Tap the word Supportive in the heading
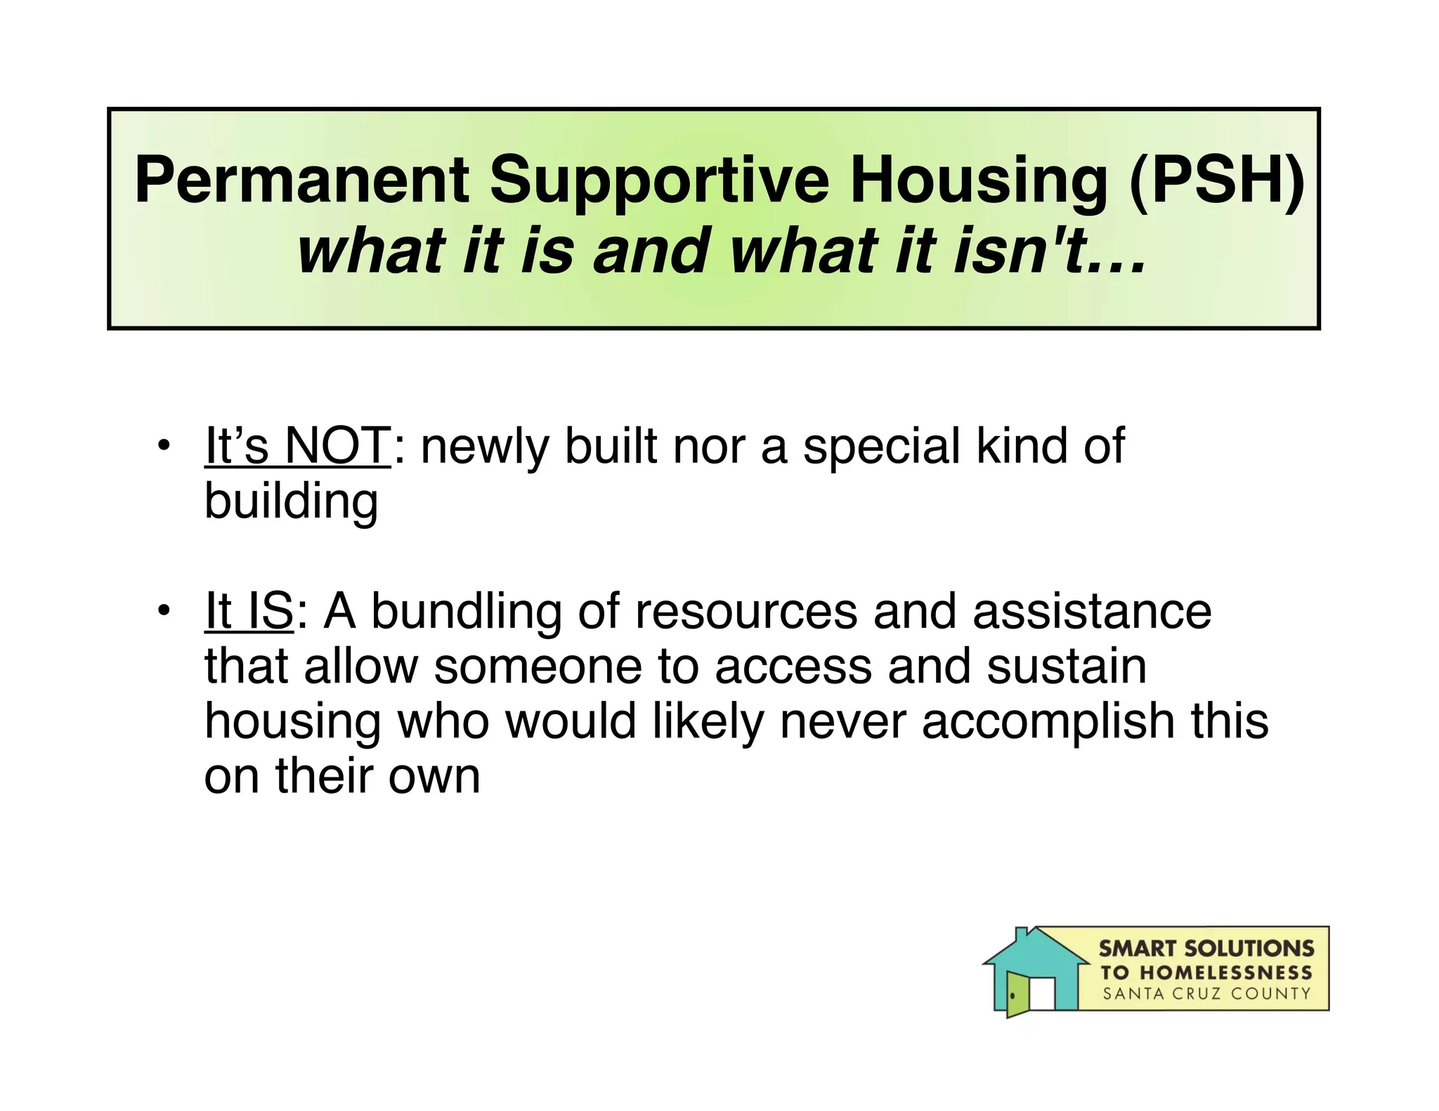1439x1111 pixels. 659,181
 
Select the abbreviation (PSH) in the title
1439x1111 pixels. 1216,181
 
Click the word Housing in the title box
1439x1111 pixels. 979,181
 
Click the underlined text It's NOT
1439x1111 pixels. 297,446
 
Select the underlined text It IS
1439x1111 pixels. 249,611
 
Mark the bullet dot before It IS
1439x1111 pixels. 164,610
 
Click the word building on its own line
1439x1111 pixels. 291,501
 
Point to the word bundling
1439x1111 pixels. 467,611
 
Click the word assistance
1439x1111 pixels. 1092,611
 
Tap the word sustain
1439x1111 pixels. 1067,666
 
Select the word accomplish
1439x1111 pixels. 1048,721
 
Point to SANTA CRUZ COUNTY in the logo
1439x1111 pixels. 1206,994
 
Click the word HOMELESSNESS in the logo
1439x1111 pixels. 1225,973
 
